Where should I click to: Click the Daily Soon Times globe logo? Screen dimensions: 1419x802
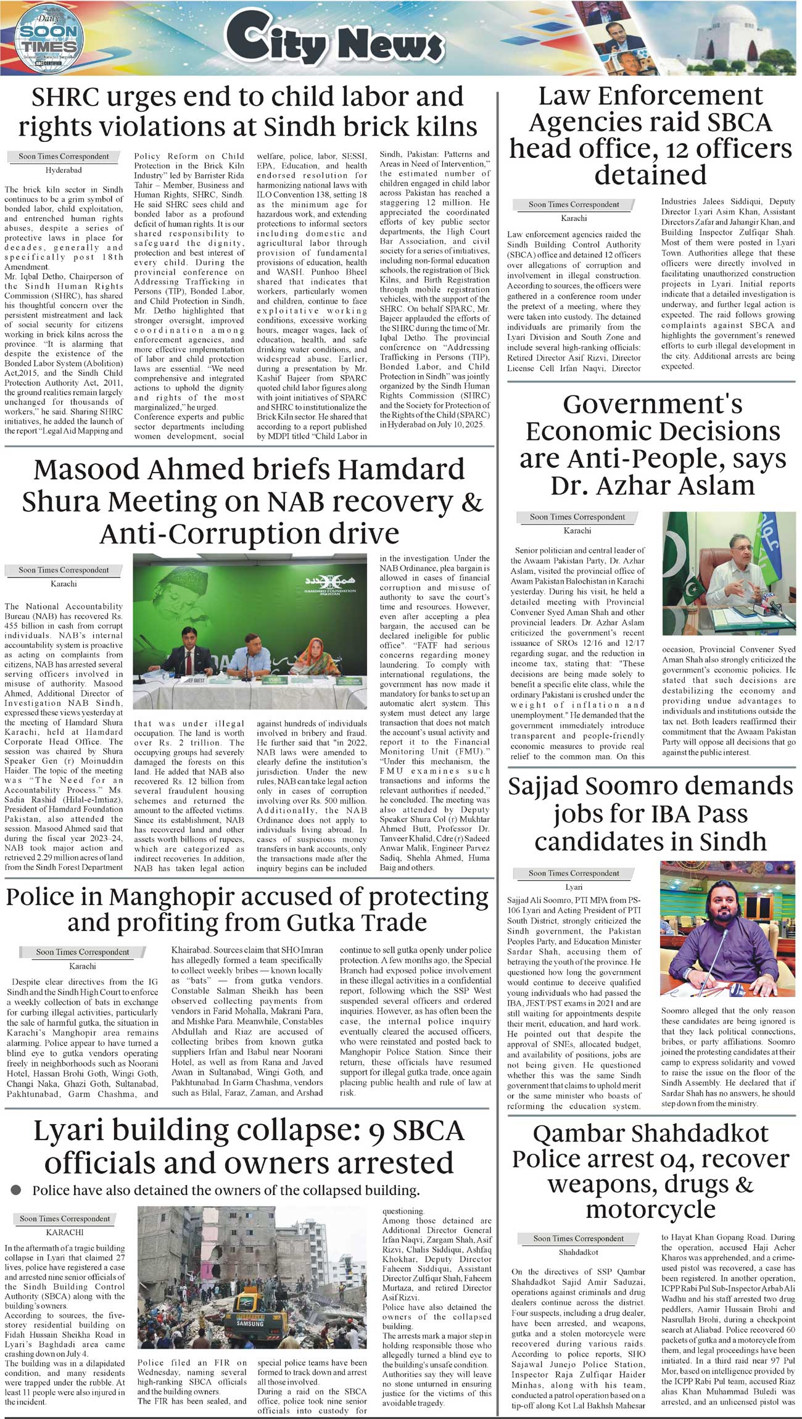point(48,38)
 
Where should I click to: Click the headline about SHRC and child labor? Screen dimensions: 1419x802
point(247,111)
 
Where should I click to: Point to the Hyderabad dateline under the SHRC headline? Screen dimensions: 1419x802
point(64,170)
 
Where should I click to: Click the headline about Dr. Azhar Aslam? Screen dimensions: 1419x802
point(652,444)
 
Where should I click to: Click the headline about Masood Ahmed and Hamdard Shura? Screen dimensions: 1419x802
point(252,501)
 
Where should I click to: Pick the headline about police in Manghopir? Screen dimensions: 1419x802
point(247,909)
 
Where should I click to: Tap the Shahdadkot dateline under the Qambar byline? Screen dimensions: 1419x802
point(578,1252)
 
